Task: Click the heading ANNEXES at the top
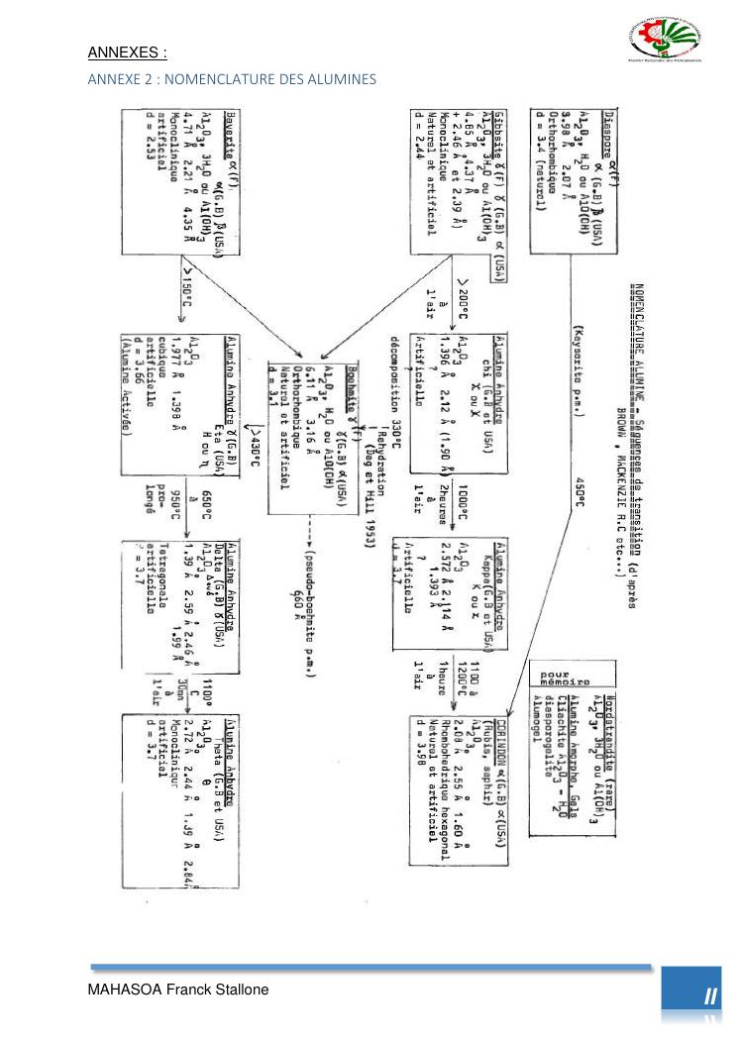coord(128,52)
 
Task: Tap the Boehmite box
coord(310,435)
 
